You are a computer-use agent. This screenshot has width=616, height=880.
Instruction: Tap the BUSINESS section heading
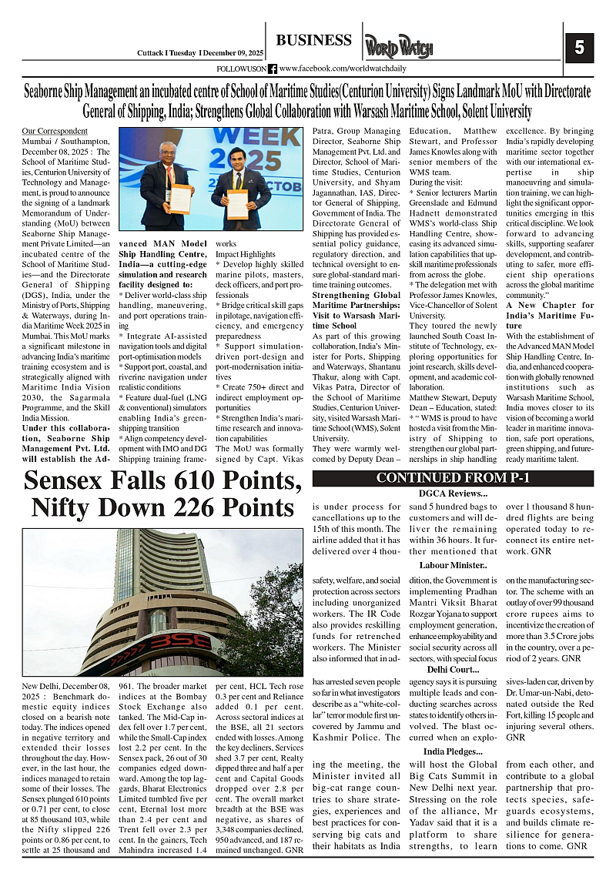tap(313, 40)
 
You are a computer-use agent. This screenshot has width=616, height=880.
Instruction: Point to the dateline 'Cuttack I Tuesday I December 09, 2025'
tap(196, 53)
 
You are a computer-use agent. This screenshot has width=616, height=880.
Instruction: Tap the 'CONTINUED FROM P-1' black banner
tap(453, 478)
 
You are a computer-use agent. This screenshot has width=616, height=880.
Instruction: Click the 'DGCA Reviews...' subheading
tap(453, 493)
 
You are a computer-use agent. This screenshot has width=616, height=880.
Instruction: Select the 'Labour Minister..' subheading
tap(453, 565)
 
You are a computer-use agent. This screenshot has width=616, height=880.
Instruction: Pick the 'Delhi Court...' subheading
tap(453, 669)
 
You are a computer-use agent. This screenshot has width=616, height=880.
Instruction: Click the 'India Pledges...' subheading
tap(453, 751)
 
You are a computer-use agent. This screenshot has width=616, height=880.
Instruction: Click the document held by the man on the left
tap(180, 199)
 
